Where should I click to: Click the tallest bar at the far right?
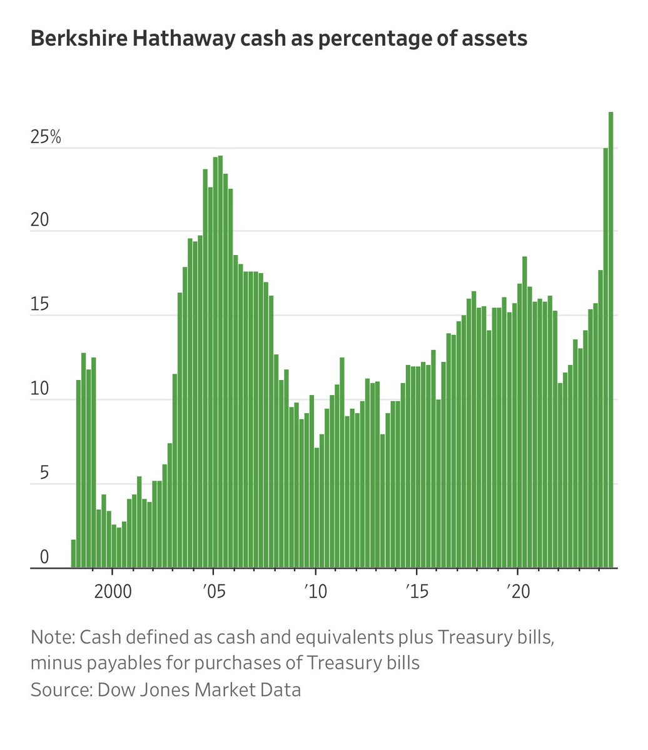[611, 341]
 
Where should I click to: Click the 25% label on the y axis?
[46, 137]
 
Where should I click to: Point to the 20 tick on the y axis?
[39, 221]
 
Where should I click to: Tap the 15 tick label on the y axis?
[39, 306]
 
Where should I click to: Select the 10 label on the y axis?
[39, 390]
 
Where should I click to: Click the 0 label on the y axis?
[44, 557]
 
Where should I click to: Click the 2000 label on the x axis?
[113, 591]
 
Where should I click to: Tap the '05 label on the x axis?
[214, 591]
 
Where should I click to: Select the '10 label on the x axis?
[316, 591]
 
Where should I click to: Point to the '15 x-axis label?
[417, 591]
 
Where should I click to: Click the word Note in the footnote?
[51, 639]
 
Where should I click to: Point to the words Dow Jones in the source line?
[148, 690]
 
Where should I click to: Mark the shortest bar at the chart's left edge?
[74, 554]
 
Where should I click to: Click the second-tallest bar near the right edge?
[605, 358]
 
